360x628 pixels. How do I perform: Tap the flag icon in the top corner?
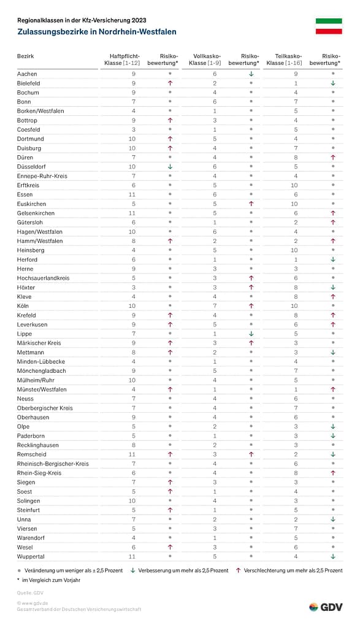click(x=328, y=25)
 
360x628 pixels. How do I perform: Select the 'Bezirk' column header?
click(x=25, y=56)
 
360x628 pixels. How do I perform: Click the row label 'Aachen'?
click(x=27, y=74)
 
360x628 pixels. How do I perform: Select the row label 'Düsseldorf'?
click(x=31, y=167)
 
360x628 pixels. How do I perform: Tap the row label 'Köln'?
click(x=23, y=306)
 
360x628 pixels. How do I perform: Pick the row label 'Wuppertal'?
click(x=31, y=557)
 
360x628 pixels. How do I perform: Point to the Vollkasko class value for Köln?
click(x=215, y=306)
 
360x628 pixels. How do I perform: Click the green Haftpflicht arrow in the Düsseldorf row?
click(x=170, y=167)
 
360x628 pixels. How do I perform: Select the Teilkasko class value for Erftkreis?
click(x=294, y=185)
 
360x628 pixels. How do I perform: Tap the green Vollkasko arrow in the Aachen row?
click(x=251, y=74)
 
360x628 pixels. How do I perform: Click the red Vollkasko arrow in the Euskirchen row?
click(x=251, y=204)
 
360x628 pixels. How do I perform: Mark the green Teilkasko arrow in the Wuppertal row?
click(x=332, y=557)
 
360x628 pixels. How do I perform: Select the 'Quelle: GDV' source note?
click(x=31, y=592)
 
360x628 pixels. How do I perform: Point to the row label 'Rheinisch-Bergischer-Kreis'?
click(x=53, y=464)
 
